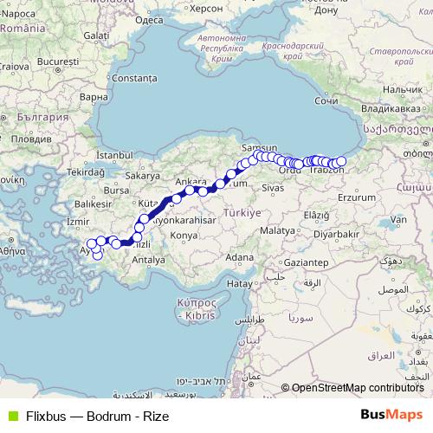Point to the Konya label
184,235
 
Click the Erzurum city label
357,197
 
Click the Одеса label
150,18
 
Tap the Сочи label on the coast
326,100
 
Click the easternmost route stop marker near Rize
341,161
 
